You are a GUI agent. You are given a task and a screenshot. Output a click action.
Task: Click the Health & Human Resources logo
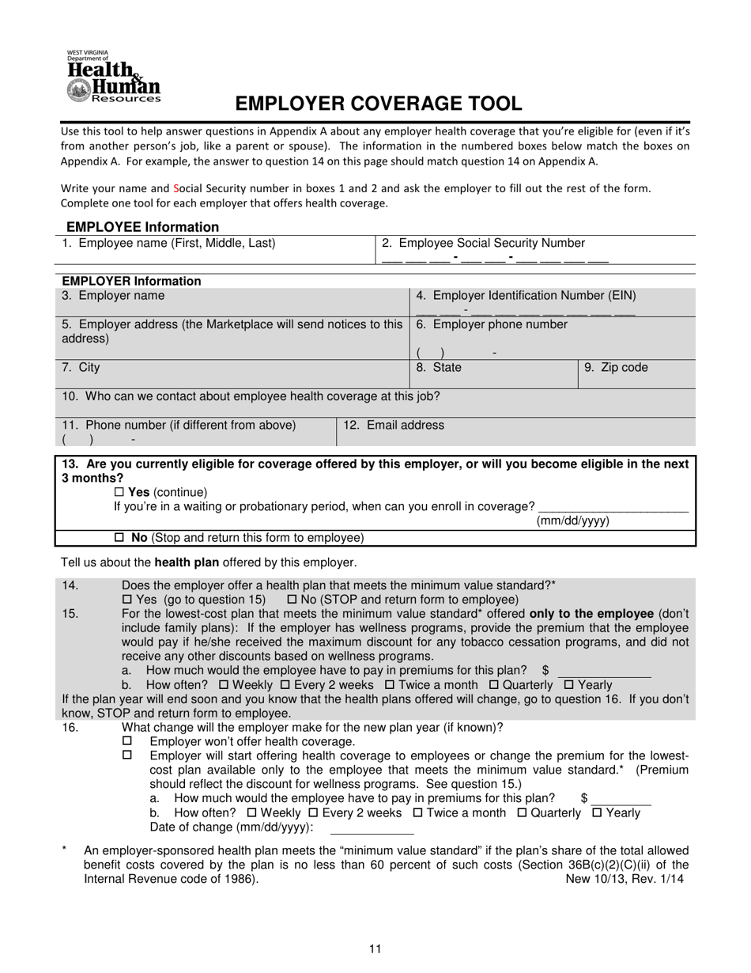pos(113,77)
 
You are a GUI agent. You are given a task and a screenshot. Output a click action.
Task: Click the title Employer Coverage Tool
pos(378,104)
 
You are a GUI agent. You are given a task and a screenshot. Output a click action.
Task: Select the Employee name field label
pos(169,244)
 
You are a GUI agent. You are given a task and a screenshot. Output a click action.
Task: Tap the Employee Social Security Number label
pos(484,244)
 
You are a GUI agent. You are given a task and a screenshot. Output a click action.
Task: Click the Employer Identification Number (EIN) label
pos(526,296)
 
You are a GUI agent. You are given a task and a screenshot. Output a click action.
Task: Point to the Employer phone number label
pos(492,324)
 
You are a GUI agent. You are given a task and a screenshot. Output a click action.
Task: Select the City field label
pos(81,368)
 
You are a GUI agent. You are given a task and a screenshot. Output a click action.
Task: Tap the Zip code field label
pos(616,368)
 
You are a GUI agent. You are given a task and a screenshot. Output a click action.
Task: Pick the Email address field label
pos(393,426)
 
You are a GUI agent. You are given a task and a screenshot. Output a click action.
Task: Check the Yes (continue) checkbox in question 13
pos(120,492)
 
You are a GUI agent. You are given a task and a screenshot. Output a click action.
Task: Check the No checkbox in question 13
pos(120,538)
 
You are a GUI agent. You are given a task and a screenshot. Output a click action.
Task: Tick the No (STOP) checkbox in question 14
pos(292,600)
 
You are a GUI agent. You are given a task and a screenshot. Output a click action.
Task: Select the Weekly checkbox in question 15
pos(223,685)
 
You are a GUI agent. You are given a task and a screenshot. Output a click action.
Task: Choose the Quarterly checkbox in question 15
pos(494,685)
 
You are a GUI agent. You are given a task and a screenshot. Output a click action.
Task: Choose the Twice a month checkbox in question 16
pos(418,813)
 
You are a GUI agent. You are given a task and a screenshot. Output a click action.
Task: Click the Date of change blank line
pos(372,828)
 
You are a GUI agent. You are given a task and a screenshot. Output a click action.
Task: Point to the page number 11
pos(375,949)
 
